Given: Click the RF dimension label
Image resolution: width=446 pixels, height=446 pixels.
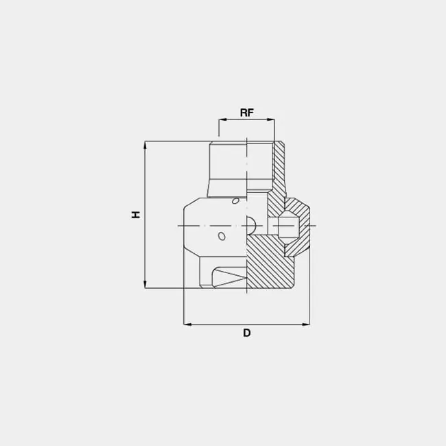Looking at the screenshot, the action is [246, 113].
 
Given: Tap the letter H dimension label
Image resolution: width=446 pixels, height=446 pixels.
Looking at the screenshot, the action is [136, 215].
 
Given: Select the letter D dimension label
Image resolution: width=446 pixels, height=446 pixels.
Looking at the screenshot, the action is [246, 333].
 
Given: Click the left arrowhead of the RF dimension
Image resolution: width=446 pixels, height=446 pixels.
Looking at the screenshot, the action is [222, 120].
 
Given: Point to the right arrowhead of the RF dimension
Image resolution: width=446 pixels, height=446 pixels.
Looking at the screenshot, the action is [271, 120].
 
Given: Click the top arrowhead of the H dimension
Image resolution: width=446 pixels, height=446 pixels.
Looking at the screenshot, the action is [145, 145].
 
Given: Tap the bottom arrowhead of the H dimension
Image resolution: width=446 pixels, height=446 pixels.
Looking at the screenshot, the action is [145, 285].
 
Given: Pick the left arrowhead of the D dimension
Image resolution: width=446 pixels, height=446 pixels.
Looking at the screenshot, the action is [187, 324].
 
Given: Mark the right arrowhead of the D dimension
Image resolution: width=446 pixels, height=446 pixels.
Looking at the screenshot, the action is [306, 324].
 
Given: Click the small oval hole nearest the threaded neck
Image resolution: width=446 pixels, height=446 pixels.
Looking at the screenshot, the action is [235, 201].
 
